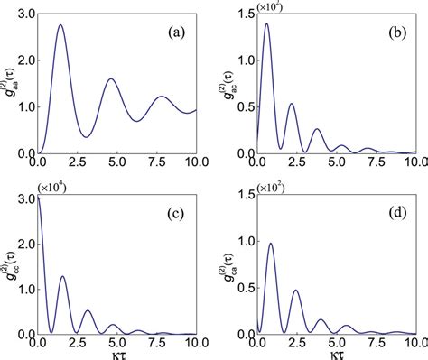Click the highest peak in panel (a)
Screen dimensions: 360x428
coord(60,25)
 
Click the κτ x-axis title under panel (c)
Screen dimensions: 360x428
coord(112,354)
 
